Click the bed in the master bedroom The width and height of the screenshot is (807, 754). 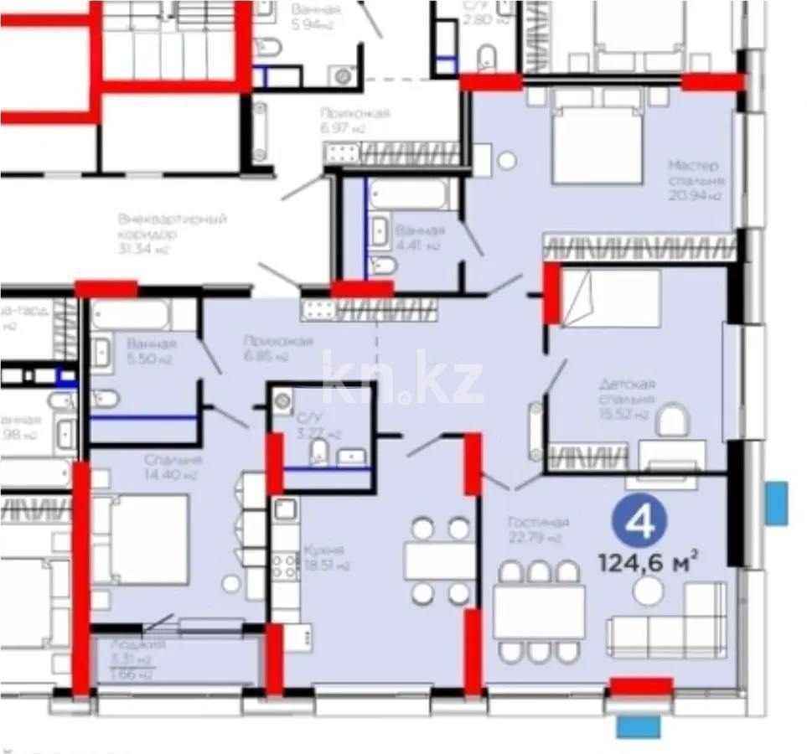tap(596, 143)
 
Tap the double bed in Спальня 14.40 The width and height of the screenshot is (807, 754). tap(147, 539)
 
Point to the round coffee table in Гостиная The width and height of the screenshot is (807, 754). tap(648, 591)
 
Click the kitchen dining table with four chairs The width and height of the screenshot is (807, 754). tap(440, 560)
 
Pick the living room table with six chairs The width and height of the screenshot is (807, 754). tap(538, 612)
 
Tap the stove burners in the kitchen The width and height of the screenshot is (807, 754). tap(285, 565)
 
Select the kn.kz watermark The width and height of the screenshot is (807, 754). tap(403, 381)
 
